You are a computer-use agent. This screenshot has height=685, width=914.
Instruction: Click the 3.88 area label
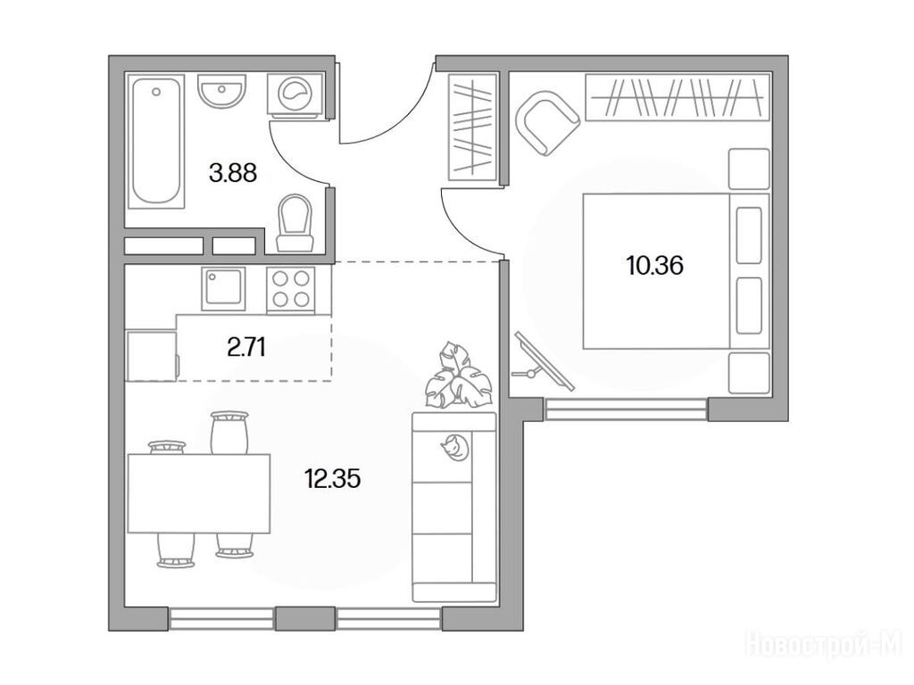[233, 173]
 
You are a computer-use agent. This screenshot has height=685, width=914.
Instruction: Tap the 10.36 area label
[654, 266]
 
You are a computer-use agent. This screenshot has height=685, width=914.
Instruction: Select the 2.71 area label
[246, 348]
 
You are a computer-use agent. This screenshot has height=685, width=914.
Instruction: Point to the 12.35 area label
[332, 479]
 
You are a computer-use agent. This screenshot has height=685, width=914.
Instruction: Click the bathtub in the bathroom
[155, 141]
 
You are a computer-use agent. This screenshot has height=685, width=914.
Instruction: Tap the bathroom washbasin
[221, 91]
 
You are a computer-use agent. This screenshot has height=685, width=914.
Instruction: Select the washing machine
[295, 95]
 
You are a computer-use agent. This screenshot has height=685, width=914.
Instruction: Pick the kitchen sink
[223, 289]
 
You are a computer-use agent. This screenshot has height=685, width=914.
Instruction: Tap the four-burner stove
[291, 290]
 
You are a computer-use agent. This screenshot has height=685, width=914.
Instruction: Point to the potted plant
[458, 375]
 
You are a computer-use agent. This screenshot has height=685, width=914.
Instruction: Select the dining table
[199, 493]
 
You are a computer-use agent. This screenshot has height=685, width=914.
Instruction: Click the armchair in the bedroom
[547, 123]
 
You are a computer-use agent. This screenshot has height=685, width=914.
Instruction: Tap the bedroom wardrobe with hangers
[678, 97]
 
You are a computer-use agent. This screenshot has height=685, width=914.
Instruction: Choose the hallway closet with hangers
[473, 127]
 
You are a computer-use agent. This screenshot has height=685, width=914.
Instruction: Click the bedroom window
[626, 409]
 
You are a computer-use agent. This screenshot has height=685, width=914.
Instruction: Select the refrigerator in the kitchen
[152, 355]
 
